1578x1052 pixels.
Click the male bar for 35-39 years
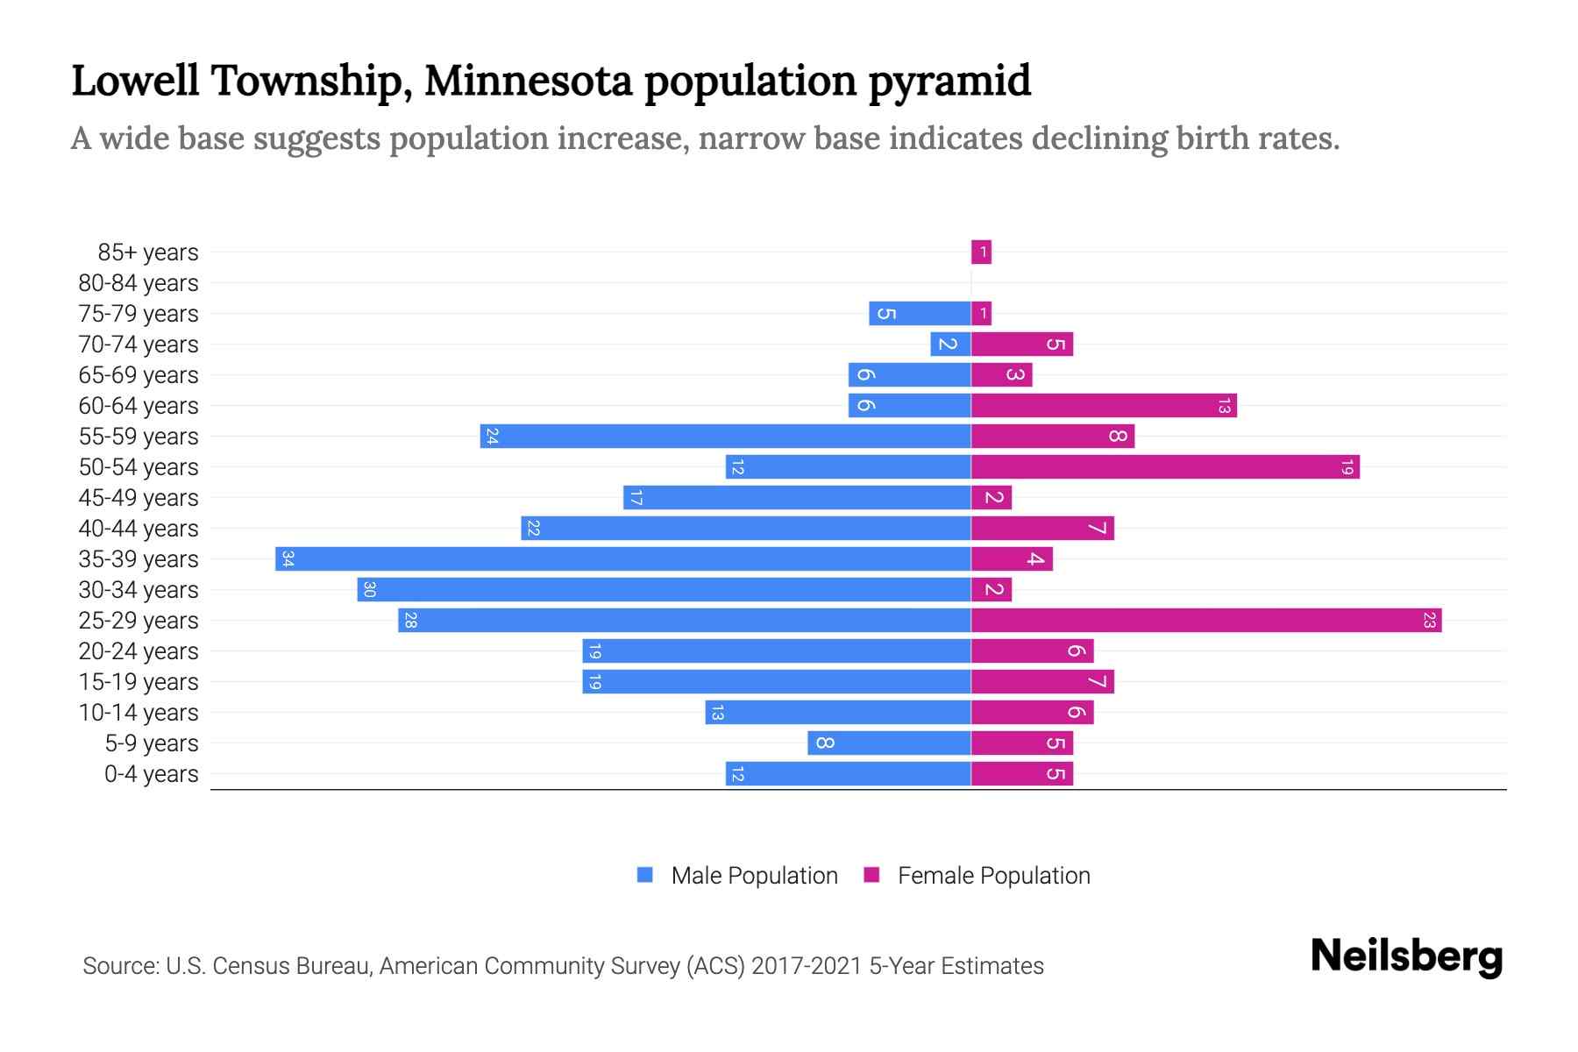click(x=622, y=559)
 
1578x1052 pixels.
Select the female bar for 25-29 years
click(x=1205, y=621)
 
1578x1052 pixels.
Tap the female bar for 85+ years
click(x=981, y=252)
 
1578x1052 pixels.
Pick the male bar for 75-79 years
click(x=920, y=314)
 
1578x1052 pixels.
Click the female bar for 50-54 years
click(x=1164, y=467)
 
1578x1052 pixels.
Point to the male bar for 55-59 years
click(x=725, y=437)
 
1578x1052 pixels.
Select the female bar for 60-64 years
click(x=1103, y=406)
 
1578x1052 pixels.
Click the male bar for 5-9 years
click(x=889, y=743)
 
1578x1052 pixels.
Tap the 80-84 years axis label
click(x=139, y=283)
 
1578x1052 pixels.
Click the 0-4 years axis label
click(x=151, y=774)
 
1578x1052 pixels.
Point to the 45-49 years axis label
click(x=139, y=498)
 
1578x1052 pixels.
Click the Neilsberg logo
click(x=1405, y=956)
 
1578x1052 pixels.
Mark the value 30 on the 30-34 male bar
click(x=369, y=590)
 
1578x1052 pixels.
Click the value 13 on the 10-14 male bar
click(x=717, y=713)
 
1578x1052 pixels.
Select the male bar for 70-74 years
click(x=950, y=345)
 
